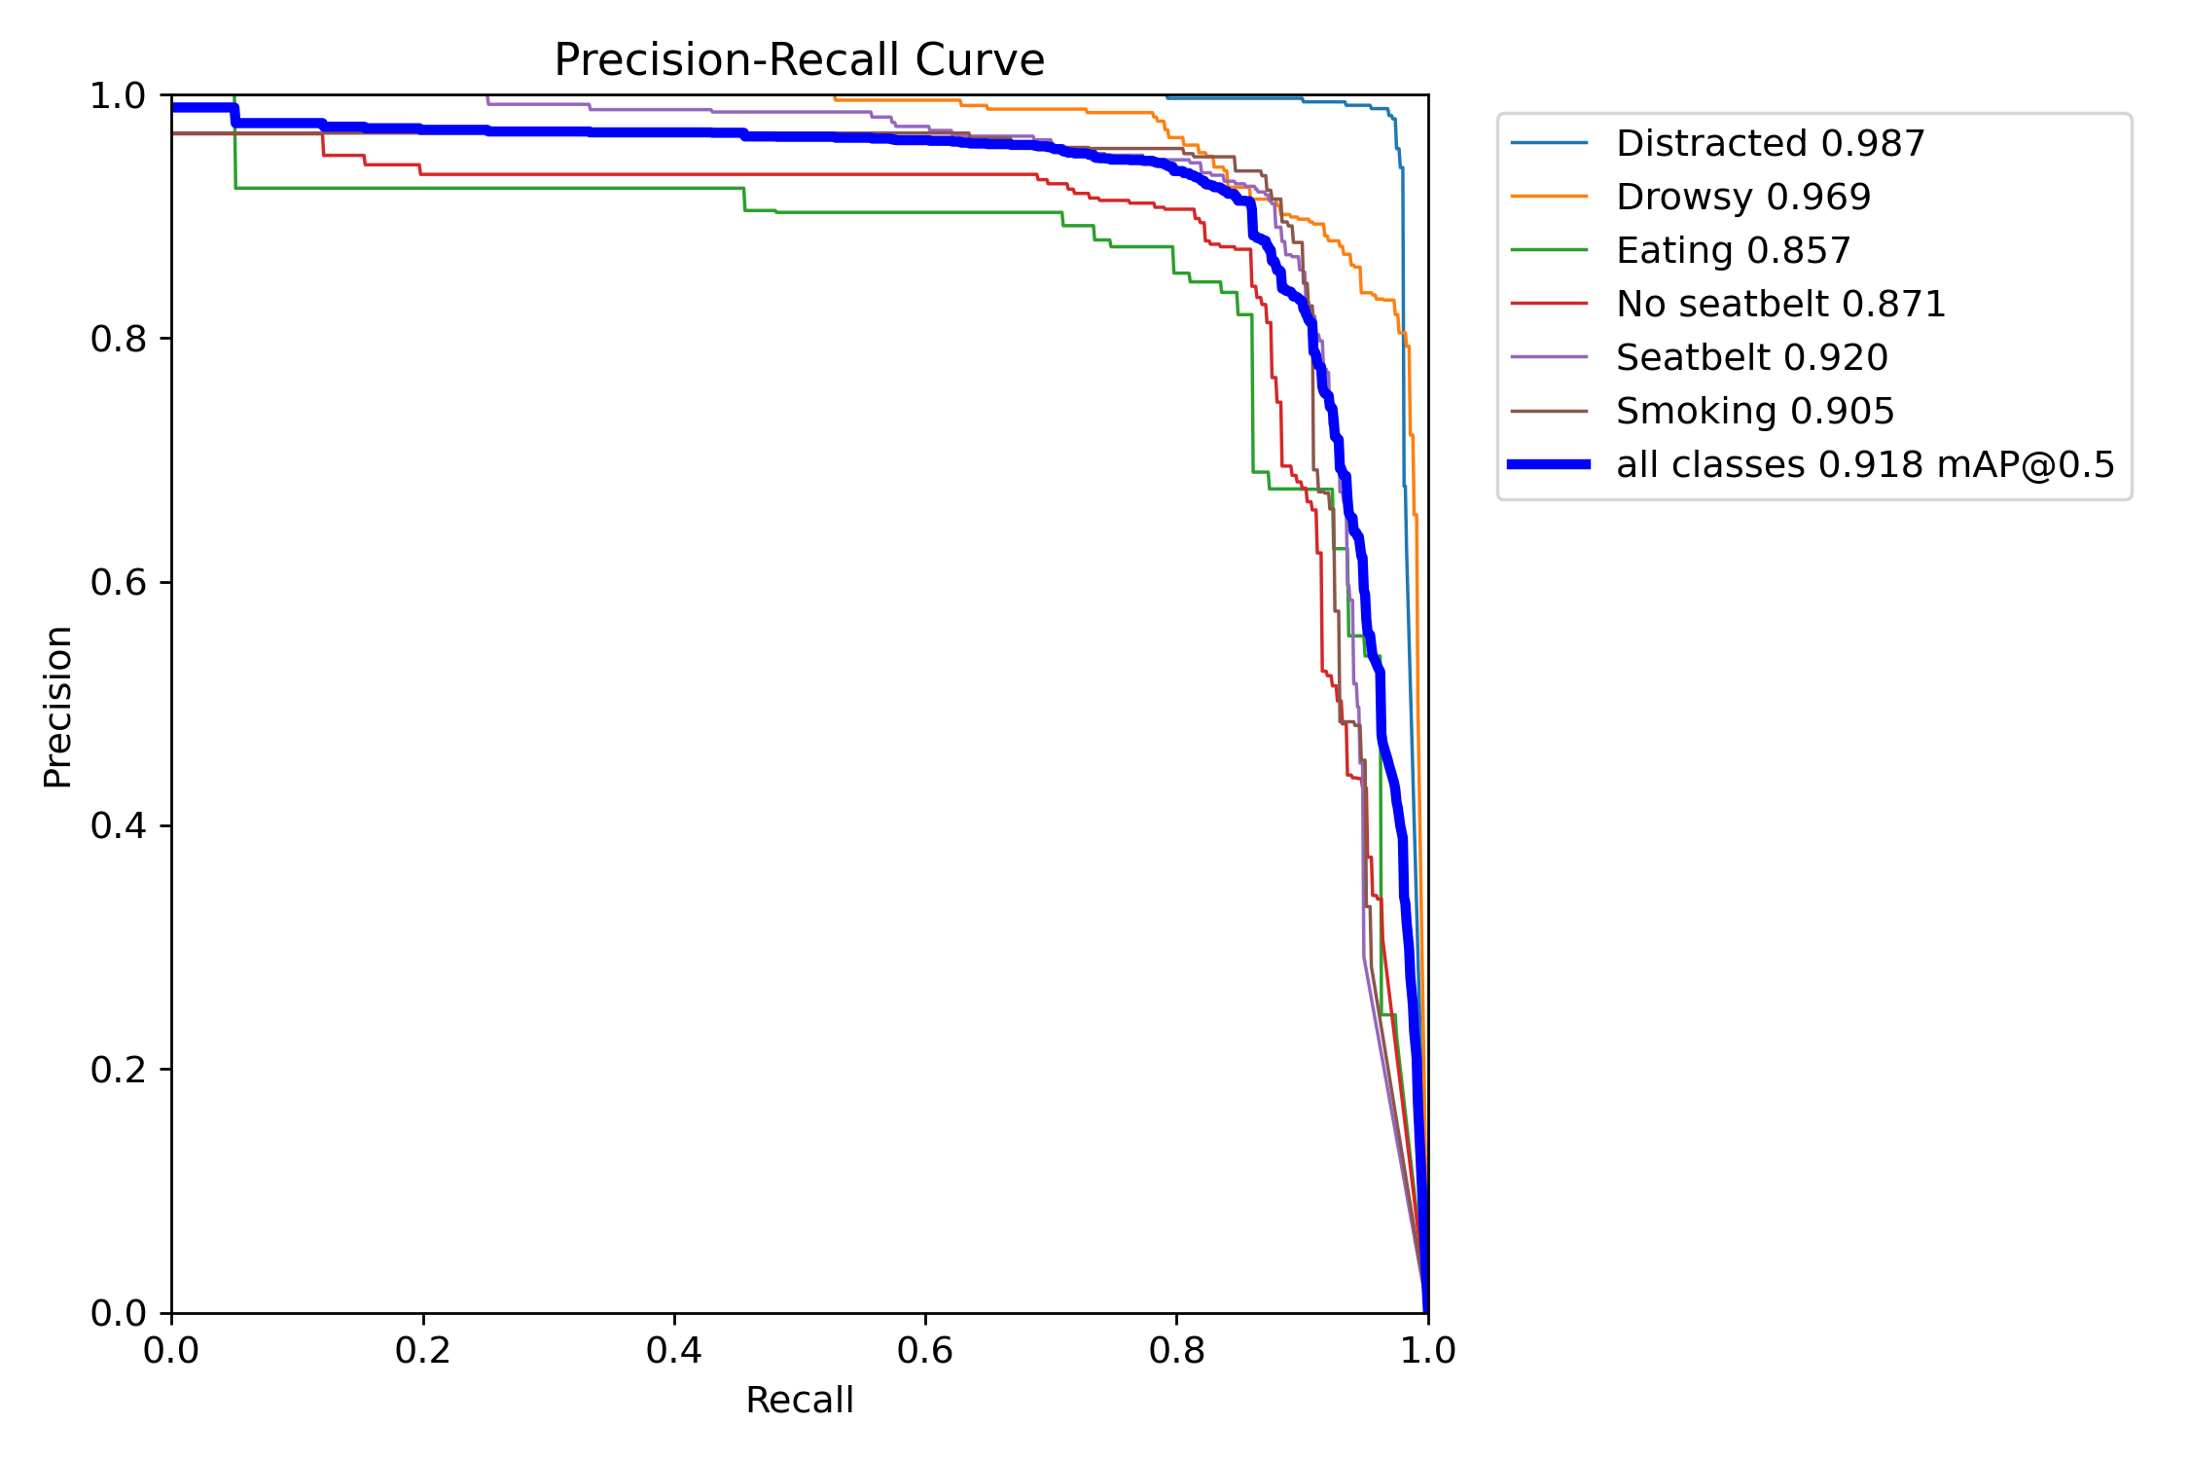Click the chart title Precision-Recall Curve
coord(799,60)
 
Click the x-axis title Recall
coord(799,1400)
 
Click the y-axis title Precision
coord(57,706)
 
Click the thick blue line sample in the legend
coord(1549,464)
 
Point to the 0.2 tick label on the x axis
coord(422,1350)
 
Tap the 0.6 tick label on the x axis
coord(925,1350)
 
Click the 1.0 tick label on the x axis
coord(1427,1350)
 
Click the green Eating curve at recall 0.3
coord(549,188)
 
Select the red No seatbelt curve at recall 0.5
coord(800,174)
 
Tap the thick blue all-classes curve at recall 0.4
coord(674,132)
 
